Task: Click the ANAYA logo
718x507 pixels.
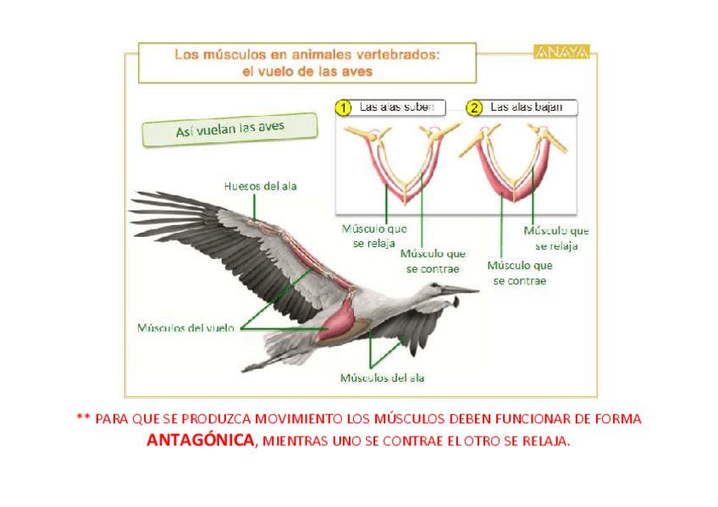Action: coord(562,52)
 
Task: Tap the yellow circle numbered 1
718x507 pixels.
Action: coord(343,107)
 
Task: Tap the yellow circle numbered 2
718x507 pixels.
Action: coord(474,107)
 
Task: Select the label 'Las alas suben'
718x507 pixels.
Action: coord(396,107)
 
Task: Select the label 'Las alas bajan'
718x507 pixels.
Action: coord(527,107)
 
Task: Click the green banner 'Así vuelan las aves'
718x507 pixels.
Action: coord(229,129)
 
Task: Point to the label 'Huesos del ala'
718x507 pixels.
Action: coord(261,185)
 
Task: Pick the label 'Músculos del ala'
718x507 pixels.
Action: coord(382,377)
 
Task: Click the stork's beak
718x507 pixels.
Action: coord(460,290)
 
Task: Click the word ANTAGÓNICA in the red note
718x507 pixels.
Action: coord(201,441)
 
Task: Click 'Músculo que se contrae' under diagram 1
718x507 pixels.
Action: coord(433,261)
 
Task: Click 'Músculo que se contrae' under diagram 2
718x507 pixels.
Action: coord(520,273)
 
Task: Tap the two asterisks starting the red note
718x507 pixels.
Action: coord(82,419)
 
